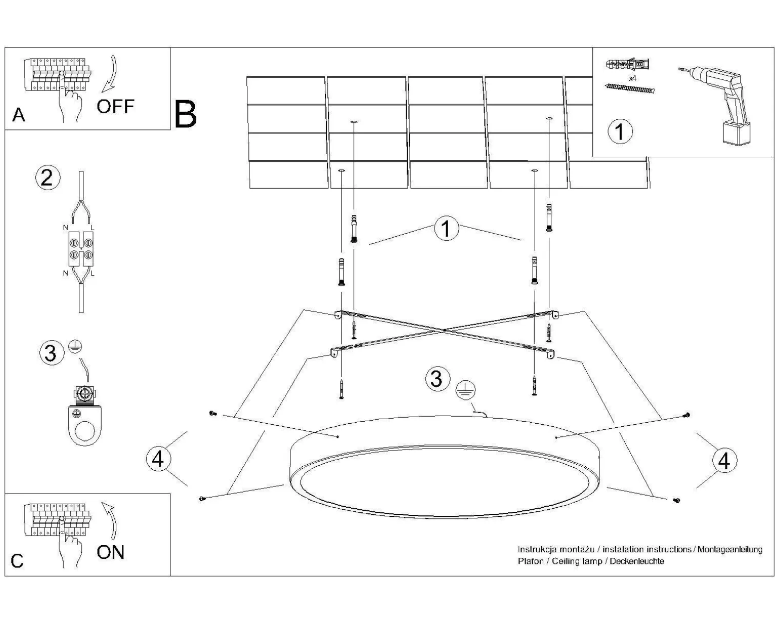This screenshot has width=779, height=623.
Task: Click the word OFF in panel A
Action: click(115, 106)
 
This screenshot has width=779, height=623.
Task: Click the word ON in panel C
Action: click(110, 552)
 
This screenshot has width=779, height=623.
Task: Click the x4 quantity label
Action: click(632, 79)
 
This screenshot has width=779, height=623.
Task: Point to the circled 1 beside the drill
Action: click(620, 132)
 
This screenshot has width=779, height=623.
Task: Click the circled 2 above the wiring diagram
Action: click(48, 178)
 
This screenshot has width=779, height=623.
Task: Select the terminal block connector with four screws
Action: click(81, 248)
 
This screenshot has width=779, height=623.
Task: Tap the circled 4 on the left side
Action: click(158, 460)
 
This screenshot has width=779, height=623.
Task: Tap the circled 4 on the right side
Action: click(724, 461)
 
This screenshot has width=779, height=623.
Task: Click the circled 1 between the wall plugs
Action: click(446, 229)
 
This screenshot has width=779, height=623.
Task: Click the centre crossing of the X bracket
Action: click(444, 330)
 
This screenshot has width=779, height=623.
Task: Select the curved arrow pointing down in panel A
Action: click(110, 74)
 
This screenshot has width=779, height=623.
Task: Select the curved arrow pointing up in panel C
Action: click(111, 520)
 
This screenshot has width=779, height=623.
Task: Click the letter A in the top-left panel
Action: click(19, 115)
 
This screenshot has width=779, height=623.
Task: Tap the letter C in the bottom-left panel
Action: click(17, 561)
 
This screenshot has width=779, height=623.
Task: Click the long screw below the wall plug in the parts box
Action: click(629, 90)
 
